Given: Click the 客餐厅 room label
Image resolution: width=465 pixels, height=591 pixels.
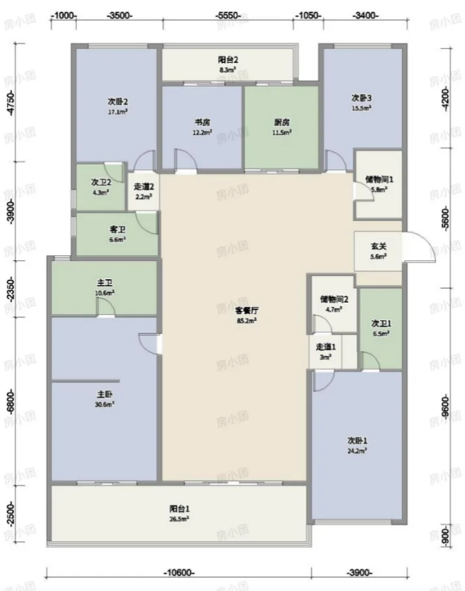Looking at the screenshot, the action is click(x=247, y=310).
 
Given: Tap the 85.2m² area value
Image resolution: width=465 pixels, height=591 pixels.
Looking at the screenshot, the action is click(x=247, y=321).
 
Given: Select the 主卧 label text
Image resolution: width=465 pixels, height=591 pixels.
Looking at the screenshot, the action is click(x=104, y=394).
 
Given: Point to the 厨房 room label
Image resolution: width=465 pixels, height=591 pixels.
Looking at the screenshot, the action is click(x=282, y=122).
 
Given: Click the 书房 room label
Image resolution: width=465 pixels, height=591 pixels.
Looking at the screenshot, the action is click(x=203, y=122).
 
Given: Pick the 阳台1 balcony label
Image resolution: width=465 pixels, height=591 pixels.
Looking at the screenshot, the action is click(x=179, y=508).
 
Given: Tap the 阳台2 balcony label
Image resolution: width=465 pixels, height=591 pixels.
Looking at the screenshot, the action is click(x=228, y=59).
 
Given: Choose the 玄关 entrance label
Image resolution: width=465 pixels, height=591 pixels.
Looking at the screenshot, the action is click(x=378, y=246).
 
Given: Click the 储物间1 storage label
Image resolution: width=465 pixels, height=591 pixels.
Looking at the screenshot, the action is click(x=379, y=180).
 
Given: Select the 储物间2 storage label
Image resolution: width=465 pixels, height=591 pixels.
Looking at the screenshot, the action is click(x=333, y=299).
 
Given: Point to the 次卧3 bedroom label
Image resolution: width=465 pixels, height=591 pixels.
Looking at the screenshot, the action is click(x=361, y=98).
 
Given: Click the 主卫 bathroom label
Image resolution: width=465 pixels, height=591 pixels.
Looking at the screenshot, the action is click(x=104, y=282).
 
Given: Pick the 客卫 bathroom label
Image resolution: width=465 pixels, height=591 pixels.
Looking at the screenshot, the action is click(x=117, y=230).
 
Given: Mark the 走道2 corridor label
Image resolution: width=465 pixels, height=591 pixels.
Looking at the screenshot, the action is click(x=144, y=186).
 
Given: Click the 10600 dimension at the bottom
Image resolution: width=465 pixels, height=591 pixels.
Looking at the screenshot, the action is click(x=179, y=573).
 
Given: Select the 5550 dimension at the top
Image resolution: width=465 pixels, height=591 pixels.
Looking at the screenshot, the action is click(x=228, y=16).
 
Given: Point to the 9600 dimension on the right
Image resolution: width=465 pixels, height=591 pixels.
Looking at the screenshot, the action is click(x=445, y=407).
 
